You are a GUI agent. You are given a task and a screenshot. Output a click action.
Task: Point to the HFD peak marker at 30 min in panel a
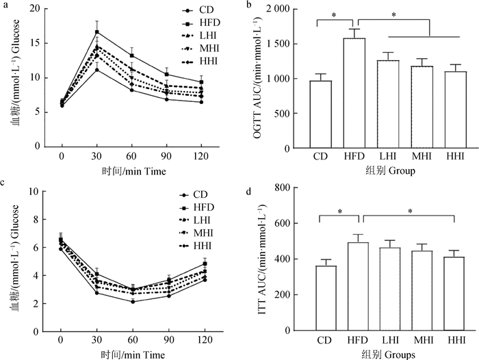97,32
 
